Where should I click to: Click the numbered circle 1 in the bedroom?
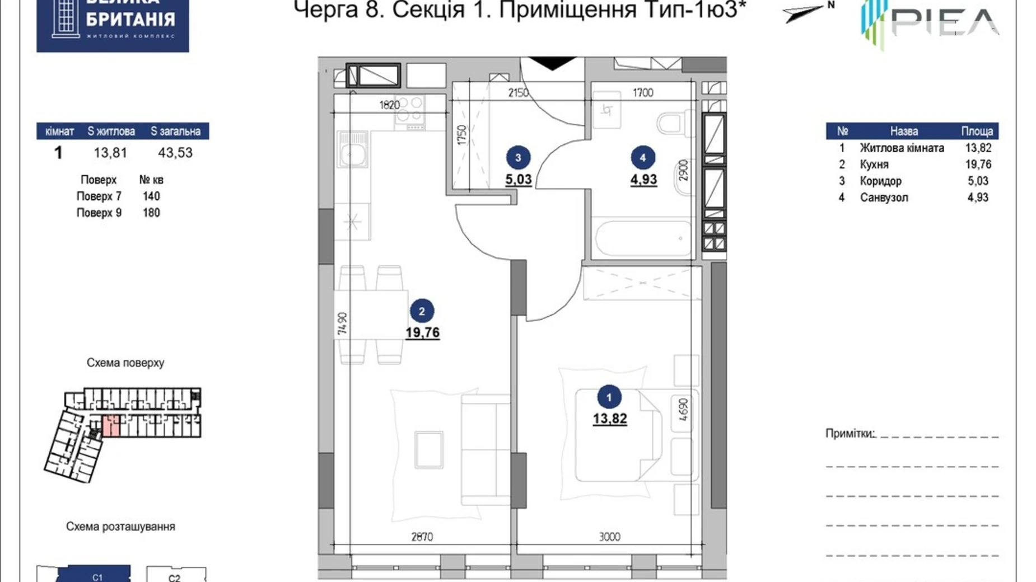(609, 397)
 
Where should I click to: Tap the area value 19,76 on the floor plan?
(422, 332)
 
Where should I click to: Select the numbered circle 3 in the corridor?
(518, 158)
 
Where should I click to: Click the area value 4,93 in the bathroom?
(643, 180)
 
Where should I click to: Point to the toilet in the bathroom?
(673, 123)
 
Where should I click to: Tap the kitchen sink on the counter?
(352, 150)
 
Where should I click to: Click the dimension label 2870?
(422, 537)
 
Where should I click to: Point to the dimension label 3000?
(609, 537)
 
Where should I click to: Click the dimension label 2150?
(518, 92)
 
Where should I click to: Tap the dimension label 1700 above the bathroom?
(642, 92)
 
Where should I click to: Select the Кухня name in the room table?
(874, 165)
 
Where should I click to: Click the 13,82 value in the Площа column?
(978, 148)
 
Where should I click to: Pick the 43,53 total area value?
(175, 153)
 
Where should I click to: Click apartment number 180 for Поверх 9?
(151, 213)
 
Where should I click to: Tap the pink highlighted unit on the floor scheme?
(111, 426)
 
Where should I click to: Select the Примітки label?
(850, 434)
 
